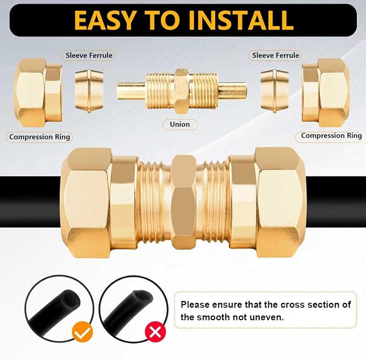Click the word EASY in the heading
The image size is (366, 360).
click(107, 19)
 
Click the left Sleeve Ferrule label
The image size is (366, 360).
click(89, 55)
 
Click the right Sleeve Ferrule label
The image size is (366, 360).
click(275, 55)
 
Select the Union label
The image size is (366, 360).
click(179, 124)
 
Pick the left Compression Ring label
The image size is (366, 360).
click(40, 137)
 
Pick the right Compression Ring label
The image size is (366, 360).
click(331, 135)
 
